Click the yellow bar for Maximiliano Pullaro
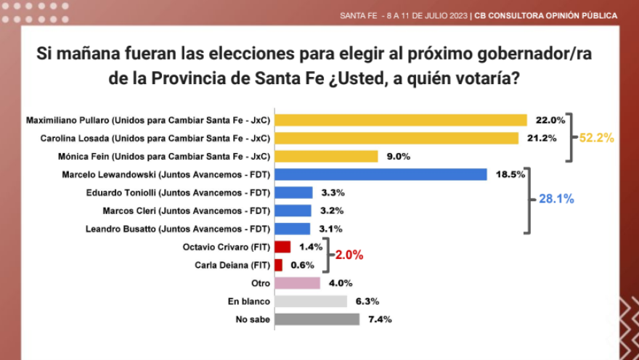[401, 120]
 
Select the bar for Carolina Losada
[396, 138]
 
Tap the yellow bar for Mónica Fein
[327, 156]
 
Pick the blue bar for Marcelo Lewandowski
[380, 174]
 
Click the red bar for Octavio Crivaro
[282, 247]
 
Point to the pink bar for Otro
[298, 283]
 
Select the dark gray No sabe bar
[317, 319]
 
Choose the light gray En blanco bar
[311, 301]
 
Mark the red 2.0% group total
[349, 255]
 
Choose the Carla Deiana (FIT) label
[232, 265]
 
